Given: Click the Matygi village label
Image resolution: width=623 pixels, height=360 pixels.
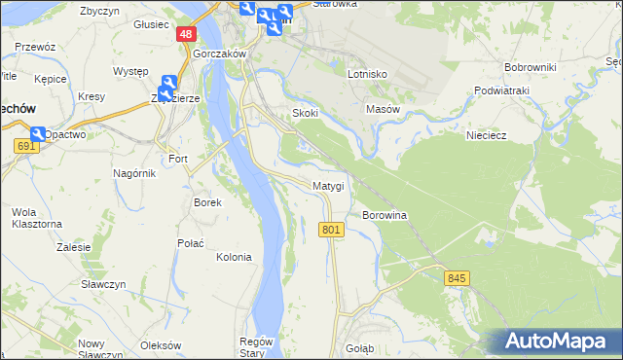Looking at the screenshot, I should [328, 185].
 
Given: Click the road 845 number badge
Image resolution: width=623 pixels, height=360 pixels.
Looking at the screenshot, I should [458, 278].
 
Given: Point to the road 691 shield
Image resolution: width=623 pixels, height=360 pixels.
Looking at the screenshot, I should [26, 146].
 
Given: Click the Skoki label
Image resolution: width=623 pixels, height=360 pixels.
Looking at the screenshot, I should [306, 113].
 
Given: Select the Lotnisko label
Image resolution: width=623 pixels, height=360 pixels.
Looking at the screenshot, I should [368, 74].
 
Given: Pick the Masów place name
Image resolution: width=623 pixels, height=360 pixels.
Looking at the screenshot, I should [383, 110].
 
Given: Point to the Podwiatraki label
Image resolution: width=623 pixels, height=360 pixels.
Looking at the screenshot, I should [530, 90].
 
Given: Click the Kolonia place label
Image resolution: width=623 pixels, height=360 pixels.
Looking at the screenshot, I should [234, 257].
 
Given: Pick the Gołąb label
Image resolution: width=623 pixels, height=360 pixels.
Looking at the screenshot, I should [360, 347].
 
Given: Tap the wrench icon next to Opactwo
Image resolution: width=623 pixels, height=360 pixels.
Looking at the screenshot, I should [37, 133].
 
